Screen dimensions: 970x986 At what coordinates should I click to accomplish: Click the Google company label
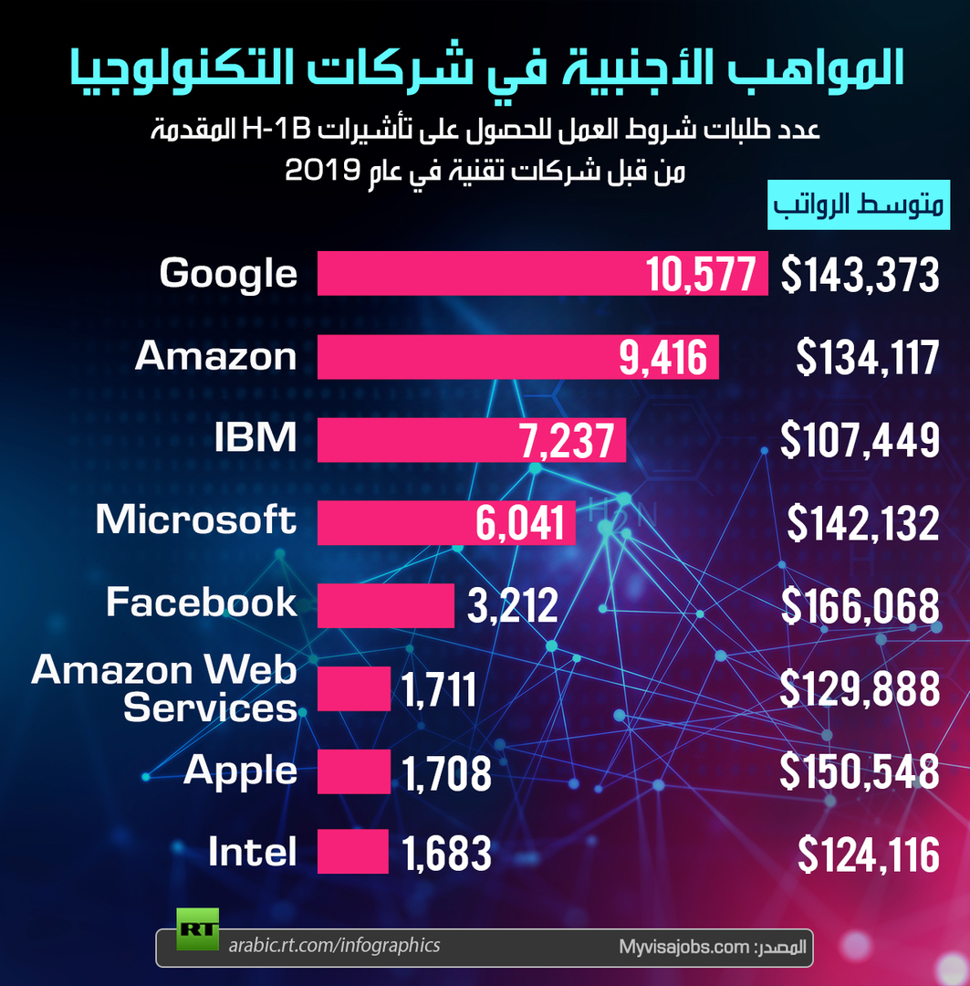(228, 274)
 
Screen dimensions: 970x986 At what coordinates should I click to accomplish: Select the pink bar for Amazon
(518, 357)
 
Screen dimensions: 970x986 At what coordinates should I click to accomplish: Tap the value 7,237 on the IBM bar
(567, 440)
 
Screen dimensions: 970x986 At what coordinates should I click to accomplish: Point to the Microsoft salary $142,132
(863, 523)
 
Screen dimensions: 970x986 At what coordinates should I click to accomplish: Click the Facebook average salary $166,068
(860, 606)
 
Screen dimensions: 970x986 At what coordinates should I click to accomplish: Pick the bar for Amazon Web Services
(354, 688)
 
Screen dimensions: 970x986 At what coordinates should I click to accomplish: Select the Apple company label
(240, 771)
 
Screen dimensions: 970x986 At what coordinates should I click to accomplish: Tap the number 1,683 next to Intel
(446, 854)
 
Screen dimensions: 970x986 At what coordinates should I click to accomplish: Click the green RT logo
(197, 928)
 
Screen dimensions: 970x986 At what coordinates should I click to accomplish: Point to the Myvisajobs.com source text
(684, 947)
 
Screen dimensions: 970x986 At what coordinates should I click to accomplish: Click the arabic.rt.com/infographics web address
(334, 946)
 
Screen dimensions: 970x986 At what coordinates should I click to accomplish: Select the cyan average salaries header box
(858, 205)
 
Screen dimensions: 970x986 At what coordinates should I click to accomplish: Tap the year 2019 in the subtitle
(322, 170)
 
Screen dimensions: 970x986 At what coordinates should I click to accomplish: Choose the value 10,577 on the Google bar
(701, 274)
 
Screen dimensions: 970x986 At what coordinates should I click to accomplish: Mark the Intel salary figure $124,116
(868, 854)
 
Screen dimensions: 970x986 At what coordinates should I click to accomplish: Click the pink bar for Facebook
(386, 605)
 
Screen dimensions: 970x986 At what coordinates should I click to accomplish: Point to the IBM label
(256, 437)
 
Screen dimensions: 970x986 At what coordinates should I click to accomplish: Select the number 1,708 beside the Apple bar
(446, 773)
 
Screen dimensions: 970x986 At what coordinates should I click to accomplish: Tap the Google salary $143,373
(860, 274)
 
